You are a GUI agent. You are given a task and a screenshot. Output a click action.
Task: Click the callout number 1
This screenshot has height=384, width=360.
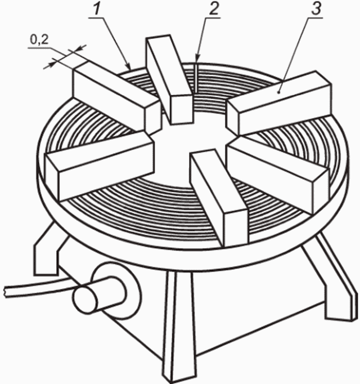(x=97, y=9)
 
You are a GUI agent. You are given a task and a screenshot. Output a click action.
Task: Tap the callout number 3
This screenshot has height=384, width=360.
(x=316, y=9)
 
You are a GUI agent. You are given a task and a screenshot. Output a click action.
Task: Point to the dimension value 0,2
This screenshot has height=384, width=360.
(x=39, y=39)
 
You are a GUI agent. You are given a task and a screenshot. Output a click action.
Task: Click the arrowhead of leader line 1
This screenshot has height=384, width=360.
(x=129, y=66)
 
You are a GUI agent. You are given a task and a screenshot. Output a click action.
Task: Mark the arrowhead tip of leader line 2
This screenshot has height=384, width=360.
(x=197, y=59)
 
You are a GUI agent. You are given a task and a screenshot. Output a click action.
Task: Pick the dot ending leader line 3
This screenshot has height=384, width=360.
(x=279, y=92)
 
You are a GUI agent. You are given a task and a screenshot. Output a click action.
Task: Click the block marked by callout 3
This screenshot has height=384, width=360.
(x=279, y=103)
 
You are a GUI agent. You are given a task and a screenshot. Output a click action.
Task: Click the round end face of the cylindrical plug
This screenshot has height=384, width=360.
(x=85, y=300)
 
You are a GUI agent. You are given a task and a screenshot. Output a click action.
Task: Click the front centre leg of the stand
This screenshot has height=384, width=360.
(x=180, y=325)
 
